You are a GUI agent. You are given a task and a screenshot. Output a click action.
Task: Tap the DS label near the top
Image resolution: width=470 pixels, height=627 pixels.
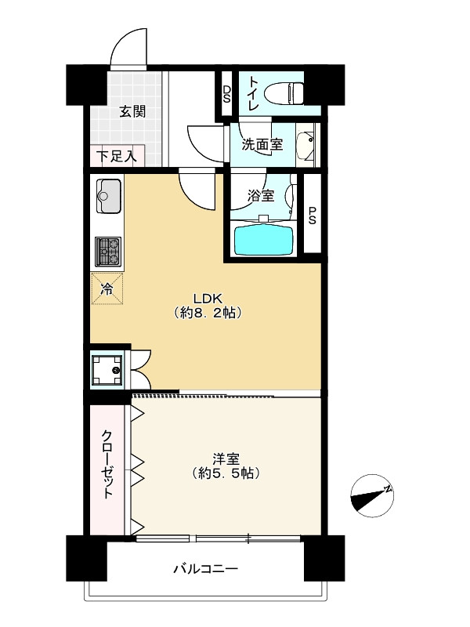(x=226, y=94)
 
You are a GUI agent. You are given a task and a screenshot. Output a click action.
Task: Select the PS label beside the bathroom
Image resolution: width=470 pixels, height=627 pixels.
(x=312, y=215)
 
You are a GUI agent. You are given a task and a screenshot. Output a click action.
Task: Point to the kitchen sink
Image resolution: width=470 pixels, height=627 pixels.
(x=108, y=196)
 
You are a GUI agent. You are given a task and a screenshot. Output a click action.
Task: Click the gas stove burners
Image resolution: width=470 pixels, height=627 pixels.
(x=108, y=252)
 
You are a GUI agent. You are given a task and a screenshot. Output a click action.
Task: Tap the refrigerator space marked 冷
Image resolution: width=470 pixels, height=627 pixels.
(x=107, y=288)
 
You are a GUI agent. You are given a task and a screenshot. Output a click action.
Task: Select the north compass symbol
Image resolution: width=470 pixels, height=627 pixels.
(x=372, y=496)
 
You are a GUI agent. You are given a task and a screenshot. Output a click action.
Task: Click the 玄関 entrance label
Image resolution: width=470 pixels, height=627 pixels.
(x=132, y=111)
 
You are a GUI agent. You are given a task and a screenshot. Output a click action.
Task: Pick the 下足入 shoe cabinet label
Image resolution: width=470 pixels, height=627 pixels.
(x=116, y=155)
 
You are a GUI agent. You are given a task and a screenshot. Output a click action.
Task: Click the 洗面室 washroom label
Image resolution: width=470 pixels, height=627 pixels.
(x=262, y=144)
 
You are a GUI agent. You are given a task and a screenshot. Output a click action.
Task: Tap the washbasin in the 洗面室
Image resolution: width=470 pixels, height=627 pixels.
(x=307, y=145)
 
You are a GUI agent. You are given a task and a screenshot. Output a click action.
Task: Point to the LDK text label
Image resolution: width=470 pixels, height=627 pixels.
(x=208, y=298)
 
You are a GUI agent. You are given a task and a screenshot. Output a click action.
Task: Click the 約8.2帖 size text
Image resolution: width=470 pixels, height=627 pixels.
(x=208, y=313)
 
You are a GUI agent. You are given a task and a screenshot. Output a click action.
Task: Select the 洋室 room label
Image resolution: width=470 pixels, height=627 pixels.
(x=226, y=458)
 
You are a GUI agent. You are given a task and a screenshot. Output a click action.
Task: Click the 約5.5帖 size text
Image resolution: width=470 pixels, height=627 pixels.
(x=226, y=473)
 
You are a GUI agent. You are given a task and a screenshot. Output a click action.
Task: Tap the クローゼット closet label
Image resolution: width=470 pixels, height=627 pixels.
(x=107, y=464)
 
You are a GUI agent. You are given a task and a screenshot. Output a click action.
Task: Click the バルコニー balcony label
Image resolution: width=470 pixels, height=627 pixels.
(x=206, y=568)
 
